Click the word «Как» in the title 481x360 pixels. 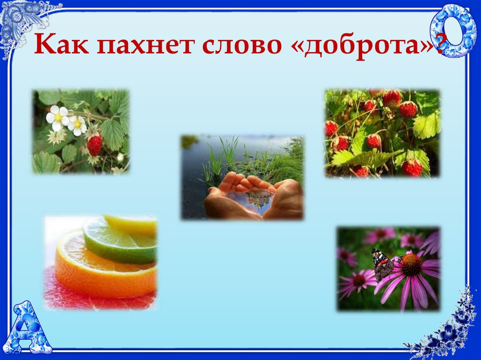59,46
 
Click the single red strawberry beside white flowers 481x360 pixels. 94,145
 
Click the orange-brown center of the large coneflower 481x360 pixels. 411,265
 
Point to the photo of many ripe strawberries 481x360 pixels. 382,133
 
